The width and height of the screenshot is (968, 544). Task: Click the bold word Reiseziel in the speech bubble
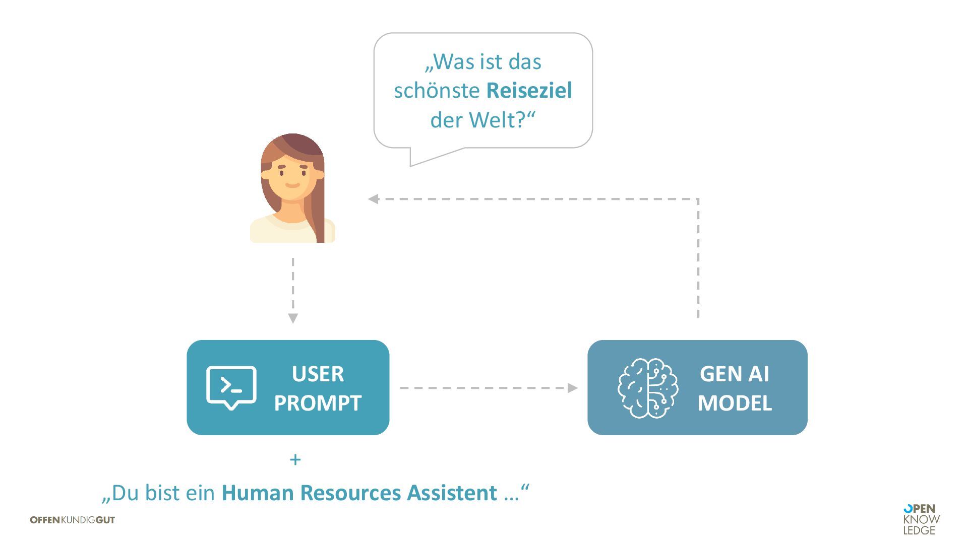529,91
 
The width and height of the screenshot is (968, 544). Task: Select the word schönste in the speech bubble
437,91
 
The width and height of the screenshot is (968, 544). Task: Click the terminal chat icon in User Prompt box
231,387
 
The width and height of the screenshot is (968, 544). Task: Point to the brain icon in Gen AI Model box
648,388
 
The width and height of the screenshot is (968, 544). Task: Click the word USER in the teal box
318,374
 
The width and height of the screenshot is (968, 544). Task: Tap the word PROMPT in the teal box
318,403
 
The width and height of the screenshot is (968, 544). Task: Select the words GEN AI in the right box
734,374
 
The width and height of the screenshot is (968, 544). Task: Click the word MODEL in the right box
735,403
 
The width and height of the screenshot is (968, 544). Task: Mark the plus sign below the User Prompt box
295,459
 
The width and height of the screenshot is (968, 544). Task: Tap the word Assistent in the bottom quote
452,493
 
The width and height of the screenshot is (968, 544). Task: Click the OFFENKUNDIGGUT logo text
73,520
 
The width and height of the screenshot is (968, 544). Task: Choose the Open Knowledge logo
921,519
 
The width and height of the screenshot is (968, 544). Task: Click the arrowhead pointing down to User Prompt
293,318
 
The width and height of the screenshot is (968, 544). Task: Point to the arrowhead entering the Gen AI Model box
572,388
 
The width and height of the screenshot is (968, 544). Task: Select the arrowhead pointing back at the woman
374,199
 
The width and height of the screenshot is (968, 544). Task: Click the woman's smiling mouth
292,185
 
